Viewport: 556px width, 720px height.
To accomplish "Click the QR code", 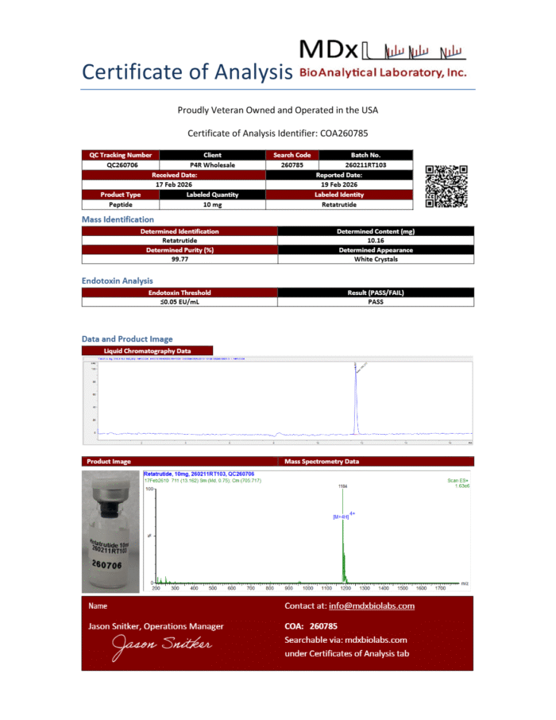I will pos(446,186).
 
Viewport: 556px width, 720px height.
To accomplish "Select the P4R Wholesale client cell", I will pos(212,165).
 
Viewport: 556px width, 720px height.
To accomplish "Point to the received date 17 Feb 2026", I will pos(174,184).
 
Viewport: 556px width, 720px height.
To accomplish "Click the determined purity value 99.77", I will pos(180,259).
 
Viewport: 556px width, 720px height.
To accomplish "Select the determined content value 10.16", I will pos(376,240).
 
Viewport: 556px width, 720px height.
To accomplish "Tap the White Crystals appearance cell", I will pos(376,259).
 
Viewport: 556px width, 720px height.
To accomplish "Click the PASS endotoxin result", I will pos(376,302).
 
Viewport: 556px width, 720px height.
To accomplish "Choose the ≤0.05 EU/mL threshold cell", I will pos(180,302).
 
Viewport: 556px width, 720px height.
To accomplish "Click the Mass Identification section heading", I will pos(118,219).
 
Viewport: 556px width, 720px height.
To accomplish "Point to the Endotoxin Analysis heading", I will pos(117,281).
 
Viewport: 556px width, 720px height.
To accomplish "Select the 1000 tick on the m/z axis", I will pos(307,588).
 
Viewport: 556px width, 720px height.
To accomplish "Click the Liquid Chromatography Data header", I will pos(148,350).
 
